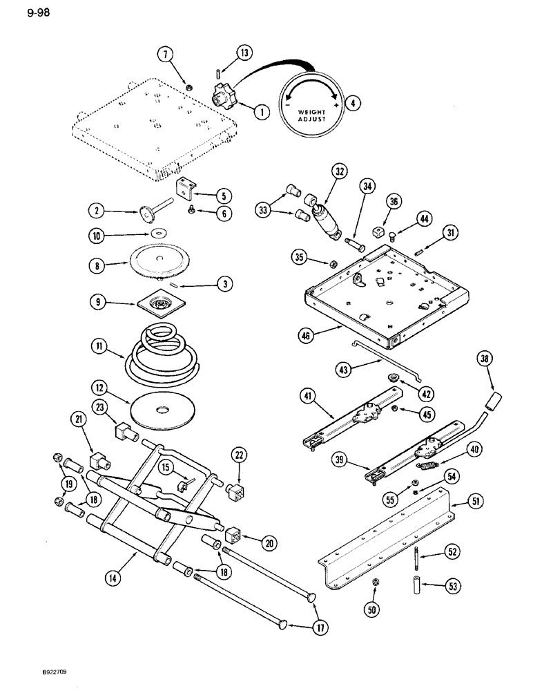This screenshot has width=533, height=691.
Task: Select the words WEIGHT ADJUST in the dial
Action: click(x=309, y=115)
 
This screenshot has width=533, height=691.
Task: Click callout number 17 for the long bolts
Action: click(x=320, y=627)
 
